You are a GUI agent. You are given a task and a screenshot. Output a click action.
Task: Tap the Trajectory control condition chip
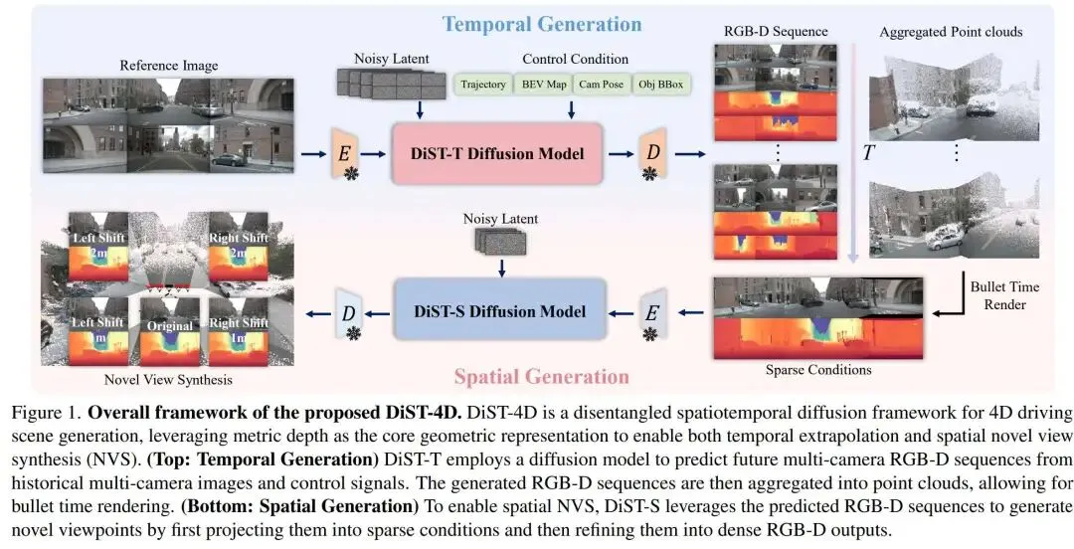pos(483,85)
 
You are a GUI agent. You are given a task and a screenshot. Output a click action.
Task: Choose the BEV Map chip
pos(544,85)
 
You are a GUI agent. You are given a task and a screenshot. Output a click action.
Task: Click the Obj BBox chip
pos(661,85)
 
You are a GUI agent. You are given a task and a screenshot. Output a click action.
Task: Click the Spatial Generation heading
pos(541,377)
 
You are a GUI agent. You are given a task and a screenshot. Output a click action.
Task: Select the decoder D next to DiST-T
pos(651,153)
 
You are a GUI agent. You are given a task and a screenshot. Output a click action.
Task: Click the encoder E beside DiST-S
pos(651,312)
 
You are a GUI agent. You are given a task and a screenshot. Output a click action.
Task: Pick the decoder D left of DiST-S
pos(348,312)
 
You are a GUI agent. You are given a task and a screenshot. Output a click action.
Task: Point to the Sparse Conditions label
pos(819,370)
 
